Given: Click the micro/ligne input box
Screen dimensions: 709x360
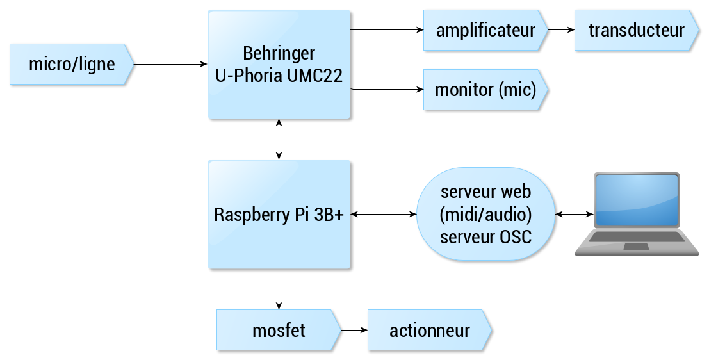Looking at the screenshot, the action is (72, 64).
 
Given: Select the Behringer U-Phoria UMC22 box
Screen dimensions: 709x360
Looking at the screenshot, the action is (279, 64).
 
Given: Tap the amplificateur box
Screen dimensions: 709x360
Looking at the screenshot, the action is (485, 30).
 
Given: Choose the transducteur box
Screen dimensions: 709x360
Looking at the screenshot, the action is (637, 30).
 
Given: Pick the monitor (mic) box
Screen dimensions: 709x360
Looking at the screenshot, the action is (485, 90).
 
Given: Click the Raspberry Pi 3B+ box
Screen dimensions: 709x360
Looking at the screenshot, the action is (279, 215).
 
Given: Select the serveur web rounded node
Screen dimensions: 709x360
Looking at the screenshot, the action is (485, 215).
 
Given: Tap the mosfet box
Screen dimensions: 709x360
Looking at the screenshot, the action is (279, 330).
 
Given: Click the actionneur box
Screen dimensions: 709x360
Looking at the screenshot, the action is (430, 330).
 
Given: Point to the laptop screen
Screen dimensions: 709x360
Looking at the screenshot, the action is (637, 200).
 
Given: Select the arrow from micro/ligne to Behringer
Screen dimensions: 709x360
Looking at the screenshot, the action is (170, 64).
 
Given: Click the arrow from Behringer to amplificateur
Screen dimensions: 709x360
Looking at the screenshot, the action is (387, 30).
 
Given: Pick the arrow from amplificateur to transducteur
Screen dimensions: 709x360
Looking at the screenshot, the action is (561, 30).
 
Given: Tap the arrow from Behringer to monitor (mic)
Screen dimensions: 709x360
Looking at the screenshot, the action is (387, 90).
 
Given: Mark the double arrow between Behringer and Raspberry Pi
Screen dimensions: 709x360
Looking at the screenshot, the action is (279, 139).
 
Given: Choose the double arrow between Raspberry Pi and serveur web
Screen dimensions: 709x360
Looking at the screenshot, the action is (384, 215).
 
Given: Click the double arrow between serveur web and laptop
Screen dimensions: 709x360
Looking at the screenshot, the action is (575, 215).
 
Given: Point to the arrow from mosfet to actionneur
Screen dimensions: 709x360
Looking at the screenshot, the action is (355, 330).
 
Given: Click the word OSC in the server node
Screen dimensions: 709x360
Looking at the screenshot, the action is (516, 237).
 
